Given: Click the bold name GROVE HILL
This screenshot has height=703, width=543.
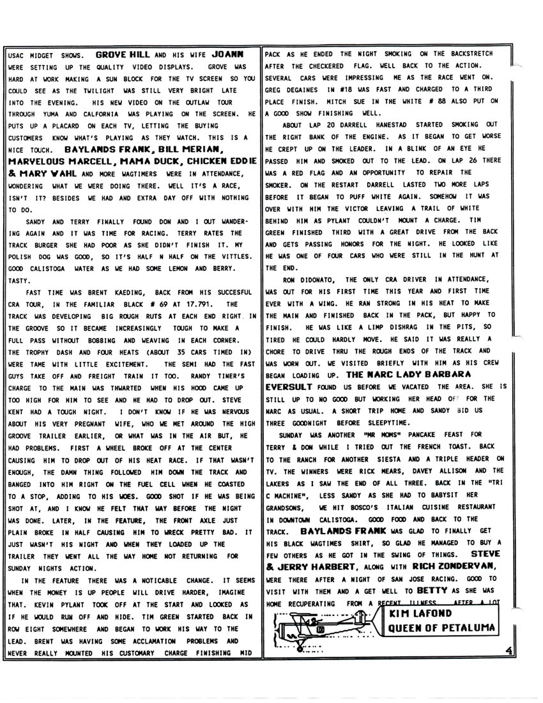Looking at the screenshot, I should (122, 55).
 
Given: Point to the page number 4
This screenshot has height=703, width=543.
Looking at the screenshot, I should (509, 650).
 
